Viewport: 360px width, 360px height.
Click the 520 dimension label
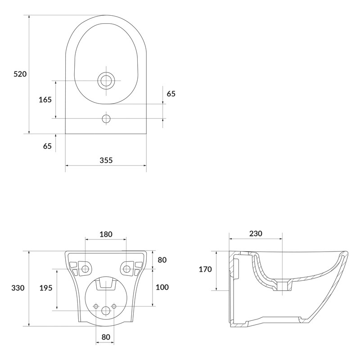tap(20, 74)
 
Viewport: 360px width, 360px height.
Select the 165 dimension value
tap(45, 99)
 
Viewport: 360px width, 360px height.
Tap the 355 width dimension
tap(106, 160)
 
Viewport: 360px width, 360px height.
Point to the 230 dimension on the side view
tap(256, 234)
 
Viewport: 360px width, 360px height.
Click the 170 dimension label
tap(205, 269)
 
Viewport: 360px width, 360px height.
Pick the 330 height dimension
tap(18, 288)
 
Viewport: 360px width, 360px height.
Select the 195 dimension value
tap(46, 288)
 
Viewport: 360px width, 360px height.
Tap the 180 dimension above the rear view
tap(106, 234)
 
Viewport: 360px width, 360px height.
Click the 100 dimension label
tap(162, 287)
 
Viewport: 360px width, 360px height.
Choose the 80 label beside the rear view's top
tap(162, 260)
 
